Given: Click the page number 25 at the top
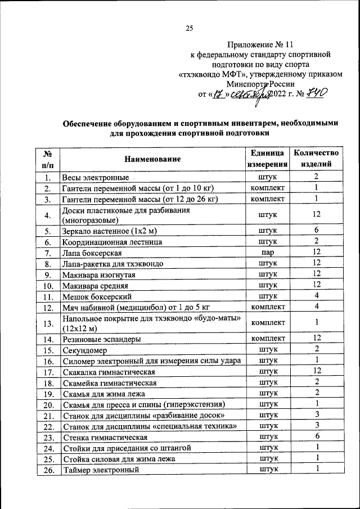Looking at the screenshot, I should (x=189, y=29).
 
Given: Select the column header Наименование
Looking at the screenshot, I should (x=153, y=160).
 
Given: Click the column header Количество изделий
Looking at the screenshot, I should (x=317, y=159).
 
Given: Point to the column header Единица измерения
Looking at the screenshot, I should (x=268, y=159).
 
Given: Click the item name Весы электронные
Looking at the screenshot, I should (x=96, y=178).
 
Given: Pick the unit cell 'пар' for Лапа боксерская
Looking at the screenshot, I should (x=268, y=253).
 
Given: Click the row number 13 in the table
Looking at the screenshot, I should (x=48, y=323).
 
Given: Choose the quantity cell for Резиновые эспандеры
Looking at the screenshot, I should (x=317, y=339).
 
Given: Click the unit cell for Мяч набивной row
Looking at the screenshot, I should (x=268, y=307).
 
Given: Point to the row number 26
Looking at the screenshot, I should (x=48, y=470).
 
